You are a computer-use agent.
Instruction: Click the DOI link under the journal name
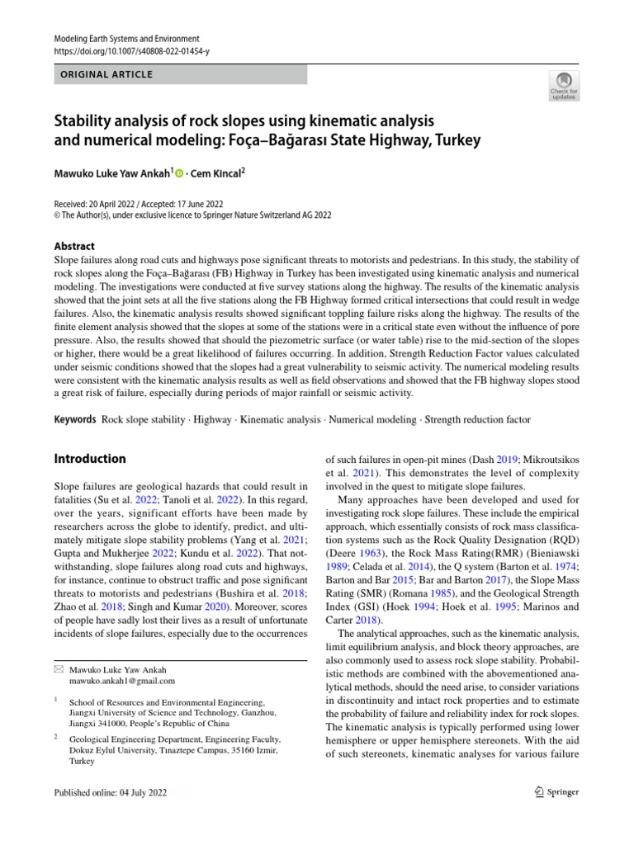[131, 51]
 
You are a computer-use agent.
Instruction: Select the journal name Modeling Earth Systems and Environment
[126, 39]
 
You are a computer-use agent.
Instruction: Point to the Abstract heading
[73, 246]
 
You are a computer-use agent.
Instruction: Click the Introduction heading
[90, 459]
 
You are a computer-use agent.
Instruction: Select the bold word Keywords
[75, 420]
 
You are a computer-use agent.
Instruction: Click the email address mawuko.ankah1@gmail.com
[122, 681]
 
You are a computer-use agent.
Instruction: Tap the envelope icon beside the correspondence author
[58, 670]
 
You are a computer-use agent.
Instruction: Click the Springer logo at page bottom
[556, 792]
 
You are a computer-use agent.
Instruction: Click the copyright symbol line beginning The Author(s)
[192, 215]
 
